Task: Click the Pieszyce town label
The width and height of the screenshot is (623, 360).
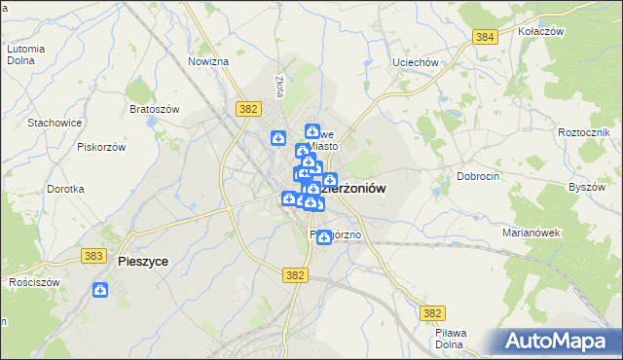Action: click(x=142, y=261)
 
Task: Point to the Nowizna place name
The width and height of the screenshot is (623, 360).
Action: click(x=208, y=61)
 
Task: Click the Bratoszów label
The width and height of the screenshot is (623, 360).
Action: click(x=154, y=109)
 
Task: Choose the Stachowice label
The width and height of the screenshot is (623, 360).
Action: click(x=54, y=123)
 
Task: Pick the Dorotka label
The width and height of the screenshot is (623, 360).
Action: click(x=65, y=189)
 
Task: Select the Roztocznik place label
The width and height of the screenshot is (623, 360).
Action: click(x=584, y=131)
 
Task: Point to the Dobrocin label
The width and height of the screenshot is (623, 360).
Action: click(x=478, y=176)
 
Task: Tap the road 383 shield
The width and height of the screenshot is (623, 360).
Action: click(x=94, y=255)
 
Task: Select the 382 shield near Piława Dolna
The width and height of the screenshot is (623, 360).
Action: click(x=434, y=312)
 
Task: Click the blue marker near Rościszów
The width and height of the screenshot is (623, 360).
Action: click(x=100, y=290)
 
